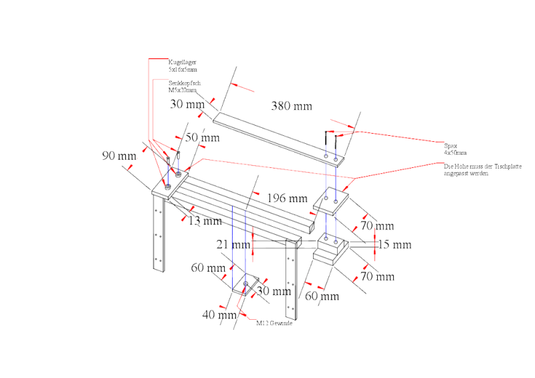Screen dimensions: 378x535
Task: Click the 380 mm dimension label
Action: tap(290, 105)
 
